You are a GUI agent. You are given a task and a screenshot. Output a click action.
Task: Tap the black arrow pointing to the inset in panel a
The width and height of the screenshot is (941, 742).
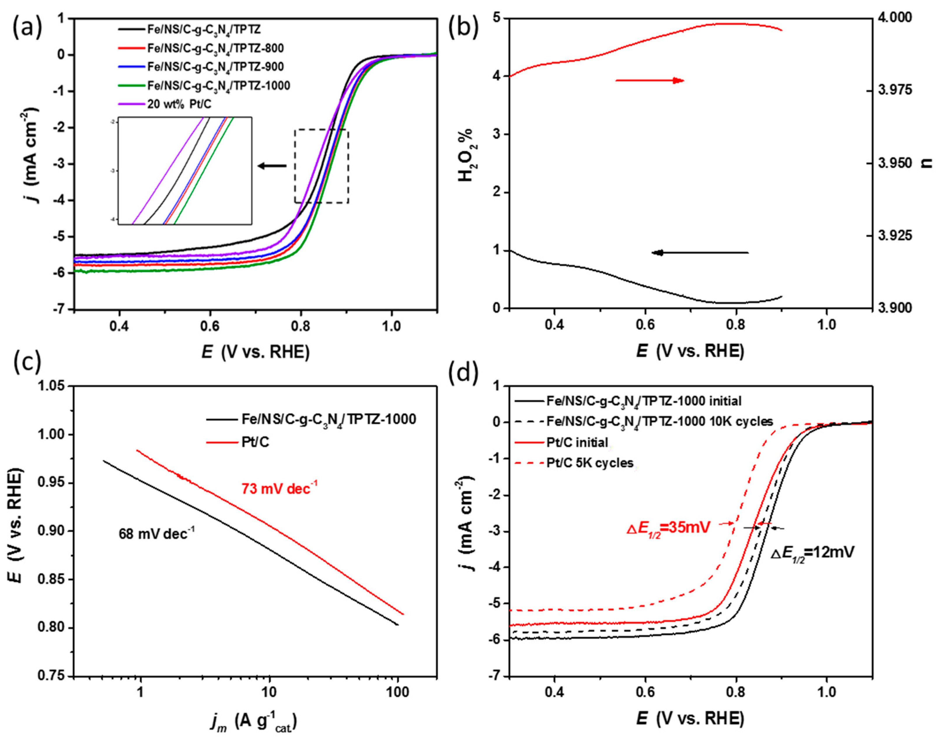click(272, 165)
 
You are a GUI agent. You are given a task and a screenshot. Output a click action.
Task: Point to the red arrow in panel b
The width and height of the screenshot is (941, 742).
click(650, 80)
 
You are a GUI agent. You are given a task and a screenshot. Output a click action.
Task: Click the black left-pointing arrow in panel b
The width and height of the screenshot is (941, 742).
click(700, 252)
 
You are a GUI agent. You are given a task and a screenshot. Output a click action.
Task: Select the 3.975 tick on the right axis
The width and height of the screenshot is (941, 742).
click(896, 90)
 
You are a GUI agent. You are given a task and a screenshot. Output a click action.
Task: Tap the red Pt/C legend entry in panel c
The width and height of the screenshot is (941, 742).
click(255, 442)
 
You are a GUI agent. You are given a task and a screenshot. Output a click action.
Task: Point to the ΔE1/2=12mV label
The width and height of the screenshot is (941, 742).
click(812, 553)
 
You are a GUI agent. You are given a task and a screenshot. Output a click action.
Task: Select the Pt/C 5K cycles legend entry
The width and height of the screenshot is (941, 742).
click(589, 463)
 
